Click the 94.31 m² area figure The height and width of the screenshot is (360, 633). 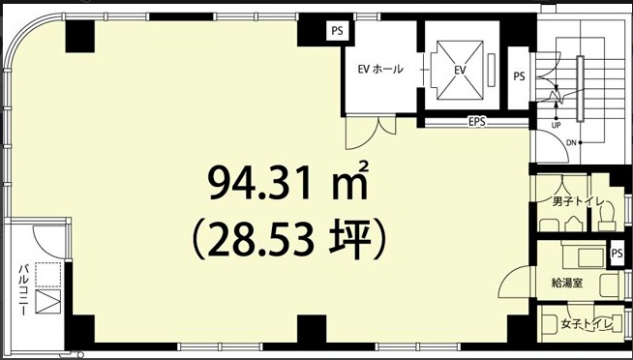coord(288,183)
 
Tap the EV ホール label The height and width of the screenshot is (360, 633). coord(380,69)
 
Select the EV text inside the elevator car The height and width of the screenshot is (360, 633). coord(460,70)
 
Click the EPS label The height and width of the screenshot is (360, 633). coord(477,122)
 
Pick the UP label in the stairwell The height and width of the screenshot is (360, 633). coord(556,126)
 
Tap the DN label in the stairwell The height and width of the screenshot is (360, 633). coord(571,142)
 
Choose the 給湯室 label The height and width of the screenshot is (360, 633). coord(567,283)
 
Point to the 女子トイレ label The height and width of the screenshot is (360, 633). coord(588,323)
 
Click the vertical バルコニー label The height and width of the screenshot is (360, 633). coord(23,290)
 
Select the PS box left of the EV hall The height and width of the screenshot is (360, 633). coord(338,32)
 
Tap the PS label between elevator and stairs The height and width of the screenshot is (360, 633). coord(519,76)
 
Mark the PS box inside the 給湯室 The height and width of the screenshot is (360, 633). coord(617,254)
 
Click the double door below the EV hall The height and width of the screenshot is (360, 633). coord(371,132)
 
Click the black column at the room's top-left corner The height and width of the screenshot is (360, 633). coord(80,37)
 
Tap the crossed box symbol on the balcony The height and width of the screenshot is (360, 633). coord(48,302)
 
